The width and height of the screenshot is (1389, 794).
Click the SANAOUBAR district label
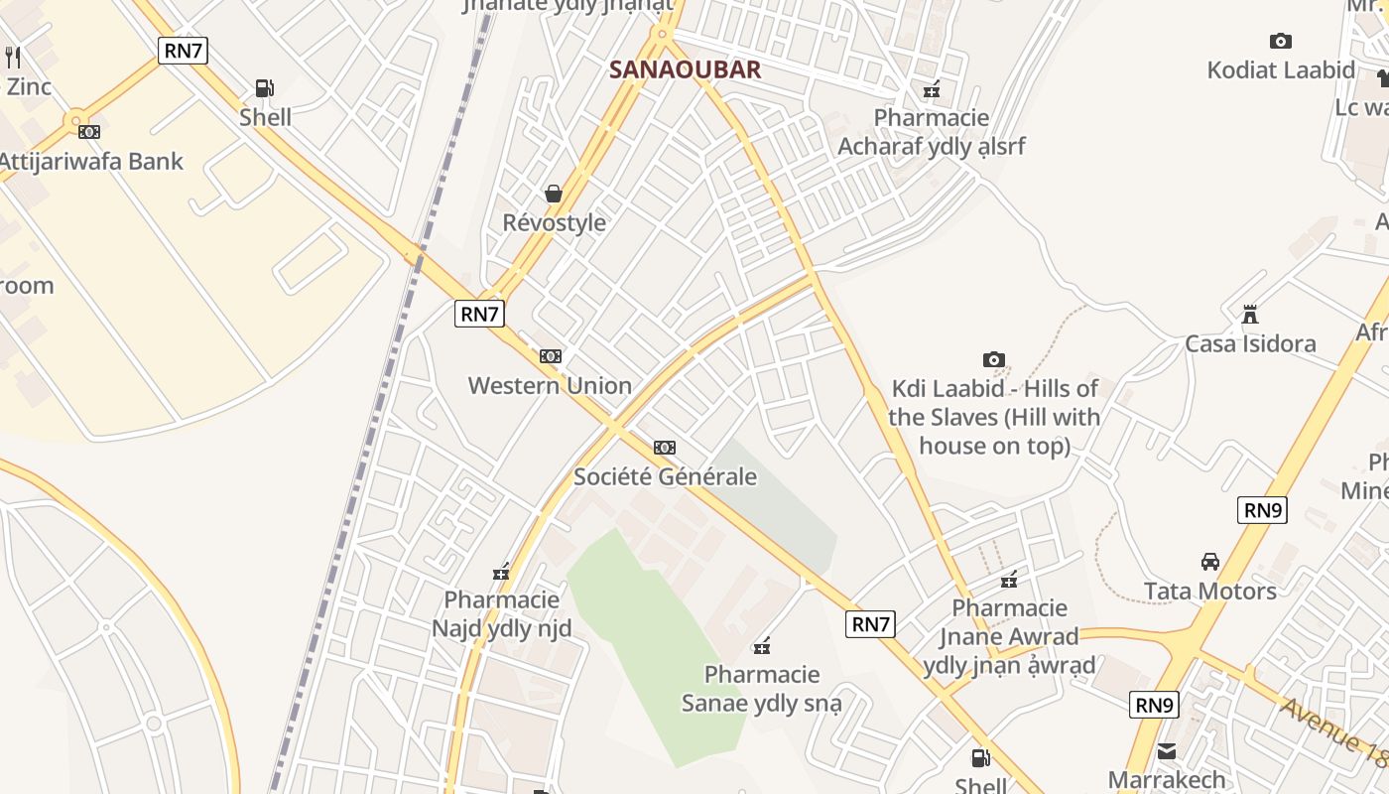point(685,69)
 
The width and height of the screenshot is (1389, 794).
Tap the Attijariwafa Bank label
point(90,162)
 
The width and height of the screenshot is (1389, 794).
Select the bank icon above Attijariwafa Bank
point(89,131)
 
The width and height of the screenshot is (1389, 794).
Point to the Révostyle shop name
point(554,222)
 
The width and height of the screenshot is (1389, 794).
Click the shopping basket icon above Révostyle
point(554,193)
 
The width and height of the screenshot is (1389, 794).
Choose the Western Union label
point(550,386)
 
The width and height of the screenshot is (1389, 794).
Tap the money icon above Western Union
point(550,356)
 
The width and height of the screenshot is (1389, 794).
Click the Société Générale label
point(665,476)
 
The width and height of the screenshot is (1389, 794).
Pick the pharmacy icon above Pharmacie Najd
point(501,572)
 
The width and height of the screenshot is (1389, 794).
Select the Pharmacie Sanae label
point(762,689)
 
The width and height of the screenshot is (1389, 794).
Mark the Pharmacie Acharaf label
point(931,132)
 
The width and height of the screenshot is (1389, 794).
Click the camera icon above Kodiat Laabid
point(1281,41)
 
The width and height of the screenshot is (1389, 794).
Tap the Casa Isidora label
point(1250,344)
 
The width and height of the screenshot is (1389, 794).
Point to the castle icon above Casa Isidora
point(1250,315)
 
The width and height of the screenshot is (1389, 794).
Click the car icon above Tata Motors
point(1210,562)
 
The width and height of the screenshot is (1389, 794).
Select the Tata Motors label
point(1210,592)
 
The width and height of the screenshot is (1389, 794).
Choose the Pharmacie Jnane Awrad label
point(1009,636)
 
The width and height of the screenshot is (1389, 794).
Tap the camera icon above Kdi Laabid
point(993,359)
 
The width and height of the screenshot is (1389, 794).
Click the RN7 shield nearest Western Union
point(480,314)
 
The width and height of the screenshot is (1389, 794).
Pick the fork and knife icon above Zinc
point(13,57)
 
